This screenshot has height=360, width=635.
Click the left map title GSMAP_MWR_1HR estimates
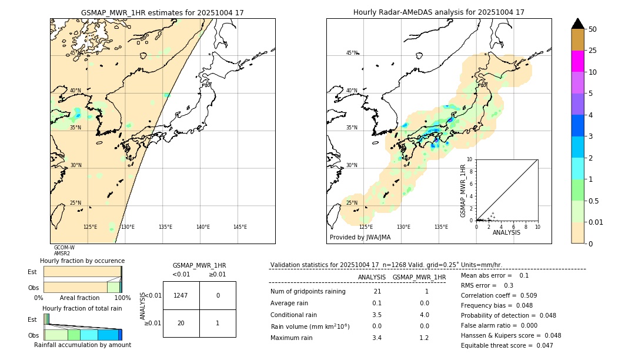coord(162,12)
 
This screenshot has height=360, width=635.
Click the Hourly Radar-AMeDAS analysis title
coord(439,12)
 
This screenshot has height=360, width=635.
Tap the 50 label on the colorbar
coord(593,29)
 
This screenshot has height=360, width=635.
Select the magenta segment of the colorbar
coord(578,61)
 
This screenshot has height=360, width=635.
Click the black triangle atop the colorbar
coord(578,24)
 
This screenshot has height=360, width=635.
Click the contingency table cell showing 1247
coord(181,295)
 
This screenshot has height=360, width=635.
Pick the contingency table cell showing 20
coord(181,323)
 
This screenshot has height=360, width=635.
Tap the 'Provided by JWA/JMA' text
coord(360,238)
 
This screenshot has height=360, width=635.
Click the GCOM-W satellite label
coord(64,248)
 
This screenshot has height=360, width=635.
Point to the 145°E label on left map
coord(240,227)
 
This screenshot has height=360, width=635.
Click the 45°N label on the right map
coord(352,53)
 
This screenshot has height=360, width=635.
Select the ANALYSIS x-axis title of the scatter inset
coord(506,233)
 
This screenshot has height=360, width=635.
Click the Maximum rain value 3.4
coord(377,338)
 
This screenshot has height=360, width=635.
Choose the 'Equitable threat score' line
coord(507,346)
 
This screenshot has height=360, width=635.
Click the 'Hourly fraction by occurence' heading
coord(82,261)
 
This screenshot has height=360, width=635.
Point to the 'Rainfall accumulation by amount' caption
coord(82,345)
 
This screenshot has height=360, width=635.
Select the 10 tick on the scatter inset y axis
coord(470,159)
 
